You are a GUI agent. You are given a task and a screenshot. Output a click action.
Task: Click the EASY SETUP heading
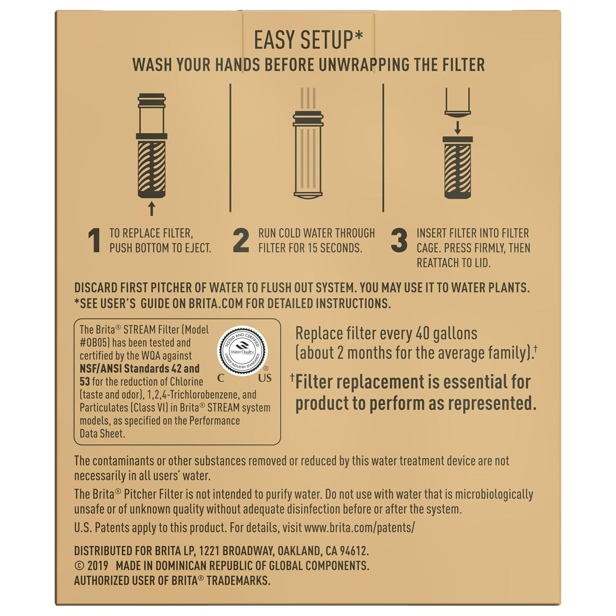[308, 40]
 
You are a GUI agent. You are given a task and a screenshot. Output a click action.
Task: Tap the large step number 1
[94, 240]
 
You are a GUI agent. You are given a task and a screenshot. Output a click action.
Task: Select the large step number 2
[241, 240]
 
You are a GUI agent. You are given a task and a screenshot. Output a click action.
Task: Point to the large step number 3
[399, 240]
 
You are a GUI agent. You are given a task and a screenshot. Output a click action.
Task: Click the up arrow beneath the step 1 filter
[152, 209]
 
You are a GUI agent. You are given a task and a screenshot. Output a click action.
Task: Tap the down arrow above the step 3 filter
[457, 126]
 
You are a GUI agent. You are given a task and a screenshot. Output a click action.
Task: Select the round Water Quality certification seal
[242, 351]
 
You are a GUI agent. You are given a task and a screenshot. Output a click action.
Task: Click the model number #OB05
[94, 342]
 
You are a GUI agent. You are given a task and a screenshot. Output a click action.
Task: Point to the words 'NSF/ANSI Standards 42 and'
[140, 368]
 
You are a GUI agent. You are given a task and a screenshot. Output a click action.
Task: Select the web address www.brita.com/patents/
[359, 527]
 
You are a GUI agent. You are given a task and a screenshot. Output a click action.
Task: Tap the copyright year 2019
[98, 566]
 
